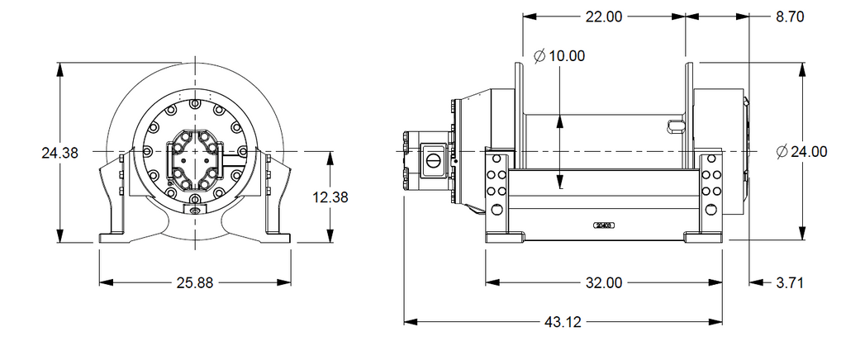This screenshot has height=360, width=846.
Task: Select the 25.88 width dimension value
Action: click(x=195, y=282)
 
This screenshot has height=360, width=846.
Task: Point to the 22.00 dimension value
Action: click(x=603, y=17)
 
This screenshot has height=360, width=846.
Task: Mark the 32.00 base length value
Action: click(x=603, y=282)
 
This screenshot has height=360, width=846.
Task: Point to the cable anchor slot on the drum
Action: click(x=674, y=126)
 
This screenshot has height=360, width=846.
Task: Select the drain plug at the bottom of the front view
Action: click(x=195, y=211)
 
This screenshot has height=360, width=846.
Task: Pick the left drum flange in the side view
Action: click(x=518, y=107)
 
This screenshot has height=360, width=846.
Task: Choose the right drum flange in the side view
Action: click(x=688, y=107)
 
